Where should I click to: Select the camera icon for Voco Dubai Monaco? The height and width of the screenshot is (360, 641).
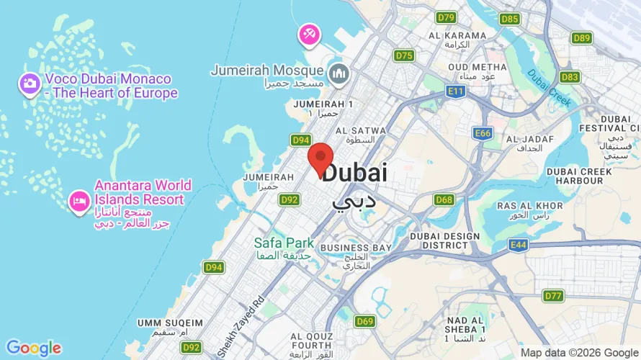30,84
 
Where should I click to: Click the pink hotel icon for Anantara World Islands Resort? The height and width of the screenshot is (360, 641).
79,201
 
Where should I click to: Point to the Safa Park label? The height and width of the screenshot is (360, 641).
284,243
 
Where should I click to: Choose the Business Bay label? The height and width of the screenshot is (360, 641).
356,248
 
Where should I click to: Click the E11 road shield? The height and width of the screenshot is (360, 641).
455,91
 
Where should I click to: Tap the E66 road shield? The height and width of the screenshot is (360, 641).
483,133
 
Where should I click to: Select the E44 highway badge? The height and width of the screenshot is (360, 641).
518,246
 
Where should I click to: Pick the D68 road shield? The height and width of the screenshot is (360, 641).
444,199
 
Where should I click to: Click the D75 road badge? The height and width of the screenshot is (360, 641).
404,55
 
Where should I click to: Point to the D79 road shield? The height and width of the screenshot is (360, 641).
447,17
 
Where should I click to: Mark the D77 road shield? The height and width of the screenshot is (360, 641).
553,296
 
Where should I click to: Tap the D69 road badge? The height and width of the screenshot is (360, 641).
365,321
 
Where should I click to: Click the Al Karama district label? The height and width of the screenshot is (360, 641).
457,35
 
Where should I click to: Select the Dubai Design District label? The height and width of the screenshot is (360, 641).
444,240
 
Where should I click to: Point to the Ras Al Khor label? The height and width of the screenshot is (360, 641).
529,206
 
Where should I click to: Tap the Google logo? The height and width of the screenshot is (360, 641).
33,348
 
